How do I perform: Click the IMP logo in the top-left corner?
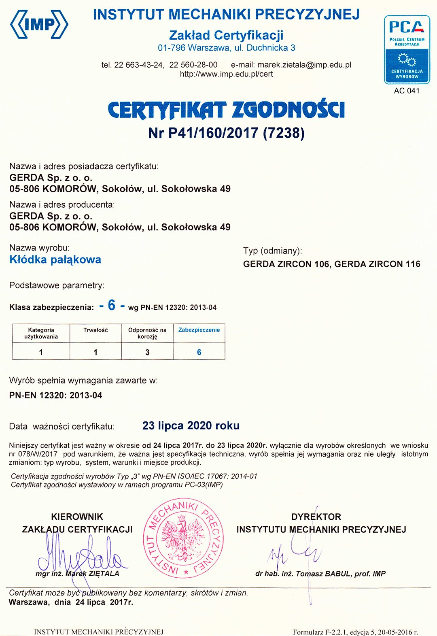[x=39, y=24]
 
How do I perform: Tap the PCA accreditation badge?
[x=407, y=49]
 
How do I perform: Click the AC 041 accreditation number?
[x=407, y=91]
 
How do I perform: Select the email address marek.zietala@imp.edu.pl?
[x=304, y=65]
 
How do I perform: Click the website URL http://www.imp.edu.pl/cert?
[x=226, y=74]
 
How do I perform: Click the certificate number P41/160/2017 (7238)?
[x=226, y=133]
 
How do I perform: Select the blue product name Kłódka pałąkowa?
[x=55, y=260]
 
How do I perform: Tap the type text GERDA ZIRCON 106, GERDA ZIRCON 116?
[x=331, y=264]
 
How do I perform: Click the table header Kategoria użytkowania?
[x=41, y=333]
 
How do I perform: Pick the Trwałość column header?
[x=95, y=330]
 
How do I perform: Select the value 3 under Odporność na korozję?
[x=147, y=352]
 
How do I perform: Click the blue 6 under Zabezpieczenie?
[x=199, y=352]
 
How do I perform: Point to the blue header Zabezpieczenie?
[x=199, y=330]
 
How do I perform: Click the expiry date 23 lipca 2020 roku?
[x=191, y=425]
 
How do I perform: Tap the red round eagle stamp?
[x=183, y=538]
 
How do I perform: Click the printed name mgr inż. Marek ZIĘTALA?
[x=77, y=574]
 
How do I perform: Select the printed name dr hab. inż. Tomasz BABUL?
[x=320, y=574]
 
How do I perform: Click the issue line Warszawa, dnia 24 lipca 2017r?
[x=71, y=602]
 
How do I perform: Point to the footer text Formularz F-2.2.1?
[x=355, y=632]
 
